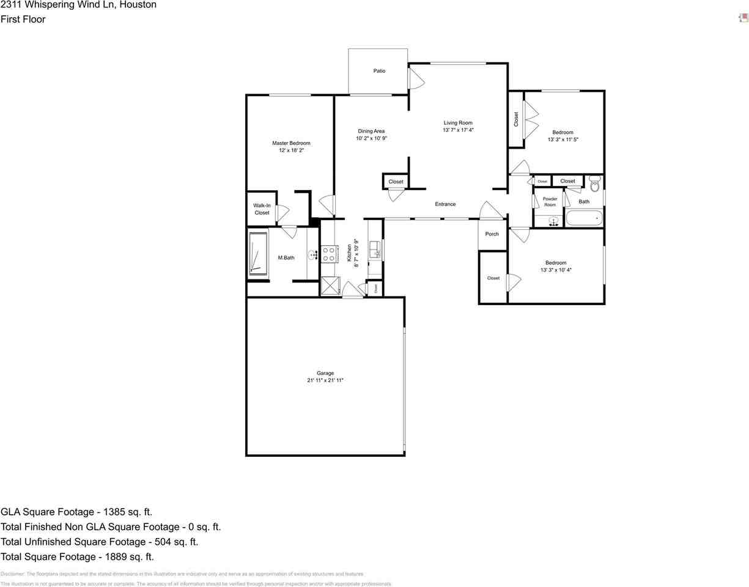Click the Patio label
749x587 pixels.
[x=379, y=71]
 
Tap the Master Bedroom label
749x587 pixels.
[x=291, y=143]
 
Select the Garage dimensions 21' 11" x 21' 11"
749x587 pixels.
[x=325, y=380]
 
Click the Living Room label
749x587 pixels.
[x=458, y=123]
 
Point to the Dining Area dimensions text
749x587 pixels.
[x=371, y=138]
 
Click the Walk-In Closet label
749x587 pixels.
[x=262, y=209]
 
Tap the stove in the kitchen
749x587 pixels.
[x=328, y=254]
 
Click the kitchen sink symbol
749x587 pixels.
[x=374, y=249]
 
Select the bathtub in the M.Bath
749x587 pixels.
[x=257, y=254]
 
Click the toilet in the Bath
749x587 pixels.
[x=595, y=183]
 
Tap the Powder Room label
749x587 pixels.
[x=550, y=202]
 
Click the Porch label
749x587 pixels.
[x=492, y=234]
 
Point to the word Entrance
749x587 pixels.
[x=445, y=204]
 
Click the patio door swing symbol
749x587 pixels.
[x=416, y=78]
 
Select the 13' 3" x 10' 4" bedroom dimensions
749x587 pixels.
[x=556, y=270]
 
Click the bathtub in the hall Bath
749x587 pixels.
[x=584, y=218]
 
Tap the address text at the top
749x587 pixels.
[x=78, y=5]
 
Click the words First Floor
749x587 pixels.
[x=23, y=19]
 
